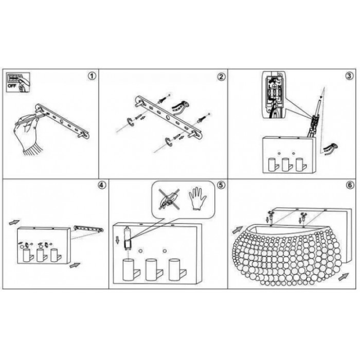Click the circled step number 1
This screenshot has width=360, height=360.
(x=92, y=76)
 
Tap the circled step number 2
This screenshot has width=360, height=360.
(x=221, y=77)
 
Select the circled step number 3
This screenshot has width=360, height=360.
(x=349, y=76)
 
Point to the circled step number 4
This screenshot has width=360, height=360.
(x=102, y=185)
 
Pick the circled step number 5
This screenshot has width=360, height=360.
(x=221, y=185)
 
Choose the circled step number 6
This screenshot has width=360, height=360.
(x=350, y=185)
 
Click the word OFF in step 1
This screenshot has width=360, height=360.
(x=12, y=86)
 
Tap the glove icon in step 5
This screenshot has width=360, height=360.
(x=197, y=199)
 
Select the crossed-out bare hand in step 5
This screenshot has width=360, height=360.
(x=169, y=199)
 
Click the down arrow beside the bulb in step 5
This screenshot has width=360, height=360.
(x=118, y=240)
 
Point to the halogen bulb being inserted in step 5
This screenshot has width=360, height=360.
(x=127, y=238)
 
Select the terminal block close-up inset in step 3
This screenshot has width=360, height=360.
(x=274, y=95)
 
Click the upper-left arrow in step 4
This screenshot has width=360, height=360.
(x=14, y=222)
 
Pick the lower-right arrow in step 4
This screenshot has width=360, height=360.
(x=75, y=265)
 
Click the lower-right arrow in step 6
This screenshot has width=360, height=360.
(x=344, y=277)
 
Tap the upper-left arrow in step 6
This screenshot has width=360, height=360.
(x=238, y=230)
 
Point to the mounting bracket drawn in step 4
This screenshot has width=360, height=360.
(x=88, y=229)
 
